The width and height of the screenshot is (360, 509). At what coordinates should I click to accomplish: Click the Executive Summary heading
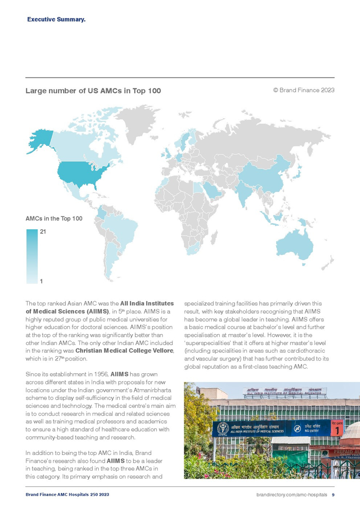click(x=56, y=20)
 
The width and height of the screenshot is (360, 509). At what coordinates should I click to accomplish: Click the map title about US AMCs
click(x=93, y=91)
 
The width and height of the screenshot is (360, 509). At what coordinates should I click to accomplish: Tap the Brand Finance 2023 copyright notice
click(x=303, y=90)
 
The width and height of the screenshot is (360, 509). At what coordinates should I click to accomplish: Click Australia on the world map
click(x=293, y=244)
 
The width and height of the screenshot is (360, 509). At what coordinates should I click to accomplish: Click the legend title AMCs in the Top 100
click(x=54, y=219)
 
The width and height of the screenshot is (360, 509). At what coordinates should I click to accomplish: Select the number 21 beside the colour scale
click(x=43, y=232)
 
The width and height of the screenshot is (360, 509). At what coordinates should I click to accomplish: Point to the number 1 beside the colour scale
click(x=41, y=281)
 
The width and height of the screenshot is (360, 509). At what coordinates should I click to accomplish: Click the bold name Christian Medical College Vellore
click(x=124, y=351)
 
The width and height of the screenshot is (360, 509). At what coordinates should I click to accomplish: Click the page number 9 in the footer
click(x=333, y=495)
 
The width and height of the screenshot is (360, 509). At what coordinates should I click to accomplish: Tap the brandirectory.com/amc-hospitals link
click(x=292, y=495)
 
